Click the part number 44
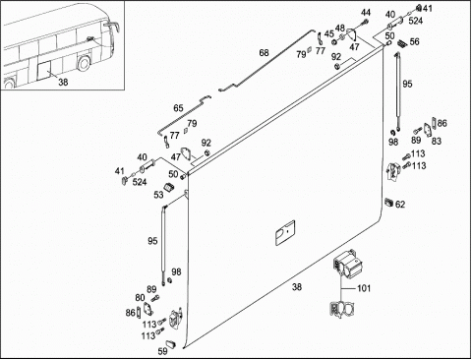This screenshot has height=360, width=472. [x=366, y=13]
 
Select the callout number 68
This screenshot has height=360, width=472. [x=264, y=52]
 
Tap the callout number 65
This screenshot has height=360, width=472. [x=178, y=108]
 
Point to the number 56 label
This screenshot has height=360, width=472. [x=414, y=41]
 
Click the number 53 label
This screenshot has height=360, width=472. [x=158, y=195]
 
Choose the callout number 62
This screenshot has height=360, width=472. [x=400, y=205]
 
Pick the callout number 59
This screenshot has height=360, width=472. [x=162, y=351]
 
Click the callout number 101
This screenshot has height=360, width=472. [x=364, y=288]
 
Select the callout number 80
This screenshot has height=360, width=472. [x=140, y=298]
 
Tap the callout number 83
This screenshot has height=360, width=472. [x=437, y=141]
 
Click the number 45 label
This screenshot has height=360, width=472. [x=329, y=34]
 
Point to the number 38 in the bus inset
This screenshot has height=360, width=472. [x=63, y=82]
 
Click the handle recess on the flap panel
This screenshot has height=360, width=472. [x=285, y=233]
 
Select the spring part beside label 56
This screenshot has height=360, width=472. [x=402, y=43]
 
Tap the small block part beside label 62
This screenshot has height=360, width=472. [x=388, y=202]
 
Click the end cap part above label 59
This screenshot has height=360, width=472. [x=171, y=343]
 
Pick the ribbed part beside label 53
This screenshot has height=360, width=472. [x=169, y=187]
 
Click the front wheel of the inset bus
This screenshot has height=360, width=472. [x=83, y=63]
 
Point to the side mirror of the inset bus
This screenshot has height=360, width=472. [x=112, y=26]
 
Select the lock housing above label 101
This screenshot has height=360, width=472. [x=347, y=265]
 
